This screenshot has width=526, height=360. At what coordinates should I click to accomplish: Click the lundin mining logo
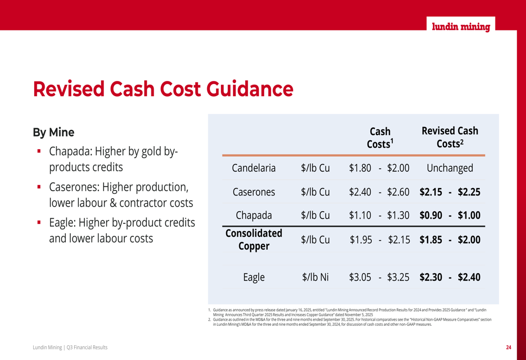point(461,27)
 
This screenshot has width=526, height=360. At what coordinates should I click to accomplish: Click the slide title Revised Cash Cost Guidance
point(163,89)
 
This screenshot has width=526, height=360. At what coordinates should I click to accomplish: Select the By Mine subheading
point(54,132)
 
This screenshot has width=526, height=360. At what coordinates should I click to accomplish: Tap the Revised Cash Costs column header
point(450,137)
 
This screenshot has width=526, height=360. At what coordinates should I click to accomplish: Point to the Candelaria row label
point(254,168)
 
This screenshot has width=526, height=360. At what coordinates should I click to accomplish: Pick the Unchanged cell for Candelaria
point(450,168)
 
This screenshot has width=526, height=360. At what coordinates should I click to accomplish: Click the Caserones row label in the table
point(254,192)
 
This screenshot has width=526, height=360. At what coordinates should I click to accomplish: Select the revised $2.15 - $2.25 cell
point(450,192)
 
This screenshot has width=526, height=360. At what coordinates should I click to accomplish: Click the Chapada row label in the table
point(254,215)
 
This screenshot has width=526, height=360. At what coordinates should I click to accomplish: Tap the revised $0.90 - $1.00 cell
point(450,215)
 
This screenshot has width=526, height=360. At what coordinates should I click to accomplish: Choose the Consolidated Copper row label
point(254,239)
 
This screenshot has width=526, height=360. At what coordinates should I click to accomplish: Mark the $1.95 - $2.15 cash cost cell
point(379,240)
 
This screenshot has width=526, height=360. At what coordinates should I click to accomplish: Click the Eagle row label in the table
point(254,277)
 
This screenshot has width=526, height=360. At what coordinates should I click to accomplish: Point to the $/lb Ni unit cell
point(315,277)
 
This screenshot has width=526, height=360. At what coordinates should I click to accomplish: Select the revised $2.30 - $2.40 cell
point(450,277)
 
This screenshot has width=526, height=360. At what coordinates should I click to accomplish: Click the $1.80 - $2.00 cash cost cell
point(379,168)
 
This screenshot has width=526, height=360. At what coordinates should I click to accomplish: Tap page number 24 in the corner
point(509,347)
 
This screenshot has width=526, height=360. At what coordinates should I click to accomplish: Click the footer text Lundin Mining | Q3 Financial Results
point(70,347)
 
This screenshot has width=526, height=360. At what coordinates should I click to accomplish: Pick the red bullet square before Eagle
point(39,223)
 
